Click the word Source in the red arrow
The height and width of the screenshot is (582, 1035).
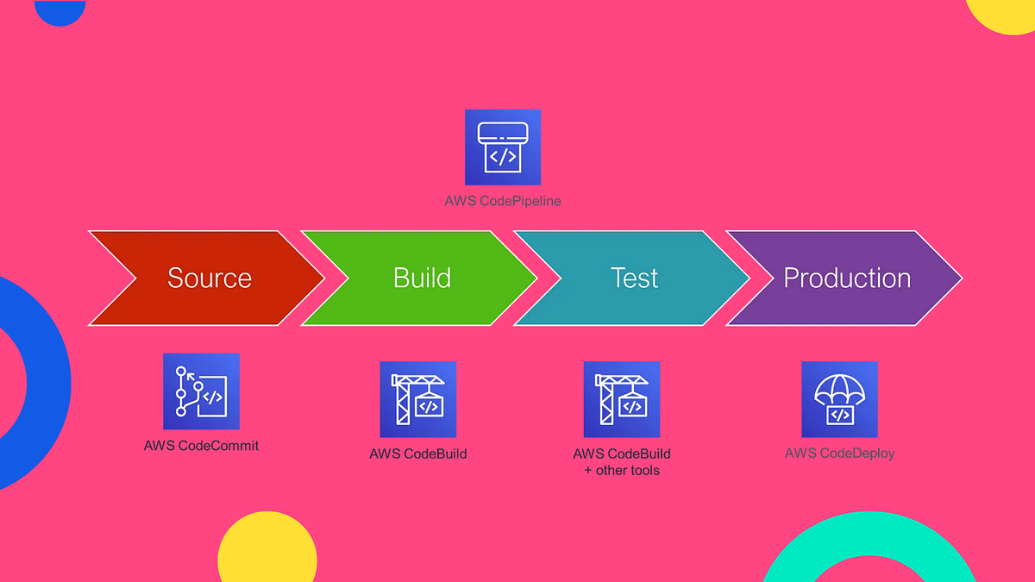210,278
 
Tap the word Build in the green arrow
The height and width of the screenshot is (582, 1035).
422,278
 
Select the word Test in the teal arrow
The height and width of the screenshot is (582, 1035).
634,278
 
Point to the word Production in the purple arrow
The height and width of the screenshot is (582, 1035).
847,278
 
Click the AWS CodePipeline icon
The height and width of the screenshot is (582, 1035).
503,147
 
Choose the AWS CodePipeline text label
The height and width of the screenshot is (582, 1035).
503,201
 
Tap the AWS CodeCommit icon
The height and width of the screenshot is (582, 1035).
201,391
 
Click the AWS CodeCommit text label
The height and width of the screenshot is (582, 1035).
201,446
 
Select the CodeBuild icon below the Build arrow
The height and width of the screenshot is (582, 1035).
418,399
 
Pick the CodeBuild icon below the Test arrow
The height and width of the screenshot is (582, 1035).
622,399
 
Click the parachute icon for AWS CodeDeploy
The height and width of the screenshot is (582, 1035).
839,399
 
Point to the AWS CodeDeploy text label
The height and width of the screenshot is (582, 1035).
839,453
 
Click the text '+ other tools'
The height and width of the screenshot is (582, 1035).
622,471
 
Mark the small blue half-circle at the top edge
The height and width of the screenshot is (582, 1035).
60,10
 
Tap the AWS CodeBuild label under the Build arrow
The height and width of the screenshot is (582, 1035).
418,454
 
